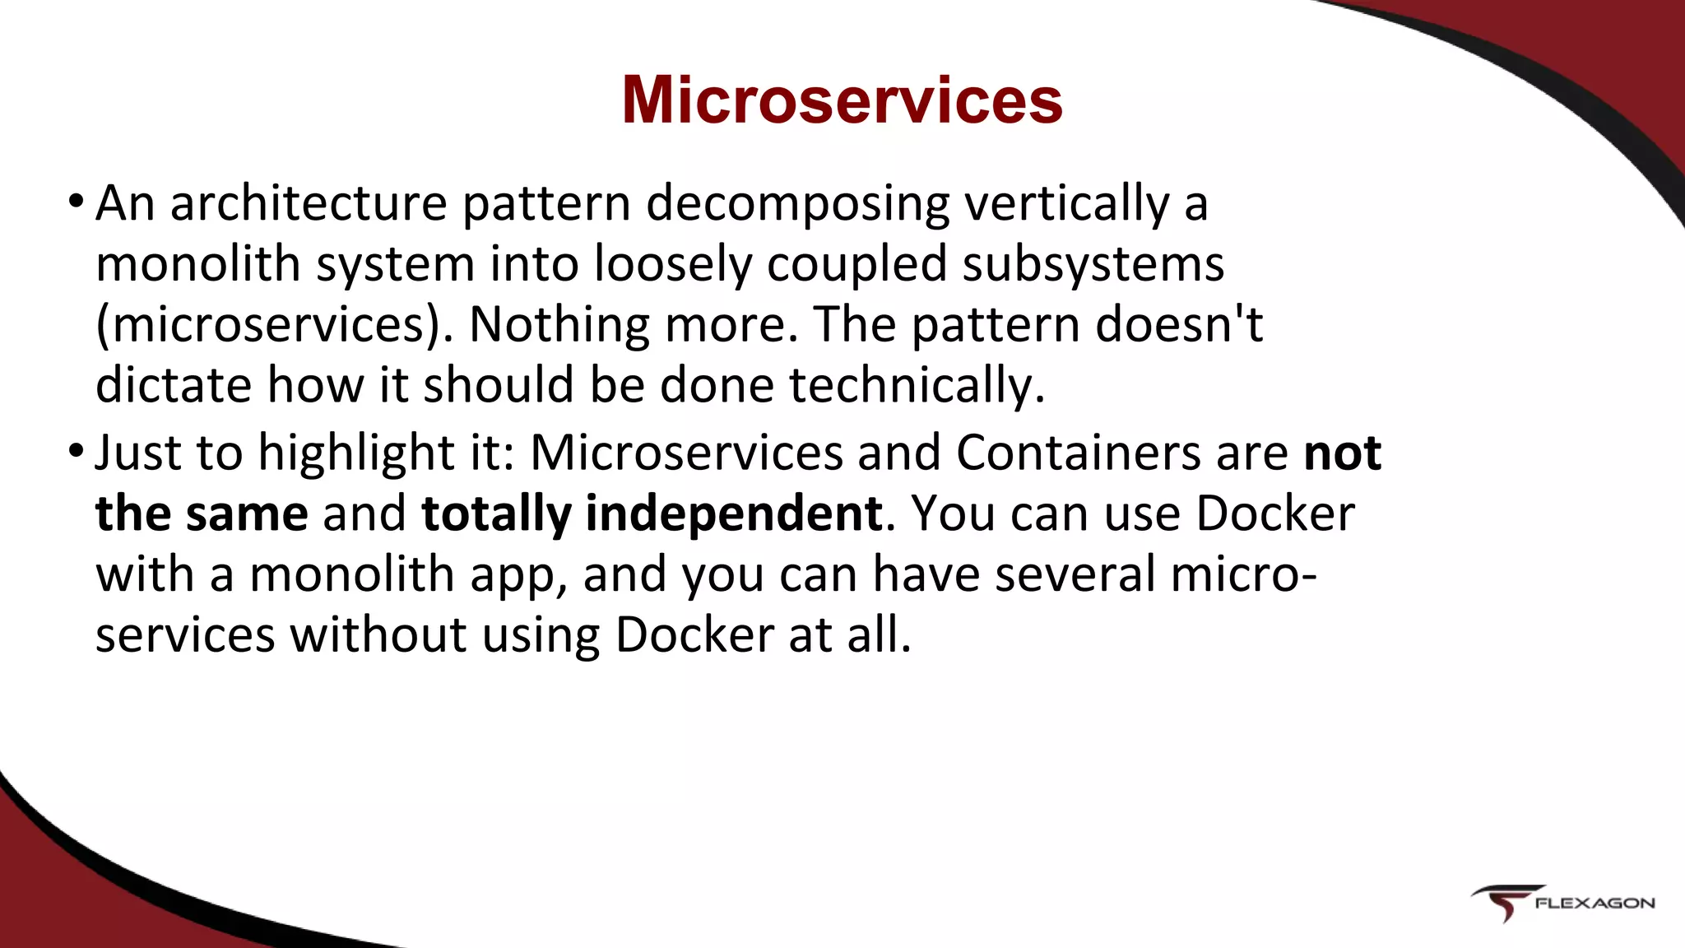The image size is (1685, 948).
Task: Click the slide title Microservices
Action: (x=842, y=100)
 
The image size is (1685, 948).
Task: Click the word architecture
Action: (x=308, y=203)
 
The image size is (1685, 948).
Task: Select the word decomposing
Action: (x=797, y=203)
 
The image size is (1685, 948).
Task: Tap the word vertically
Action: (x=1066, y=203)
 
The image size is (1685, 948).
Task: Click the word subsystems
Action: (x=1093, y=265)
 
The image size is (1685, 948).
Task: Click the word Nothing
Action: (x=559, y=325)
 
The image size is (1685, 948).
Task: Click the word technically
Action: (x=917, y=385)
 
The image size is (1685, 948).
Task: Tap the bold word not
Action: (x=1343, y=453)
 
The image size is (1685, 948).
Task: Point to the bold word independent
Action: (x=734, y=514)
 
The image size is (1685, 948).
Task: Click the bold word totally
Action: (x=495, y=514)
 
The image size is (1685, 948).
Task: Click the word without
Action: (x=378, y=635)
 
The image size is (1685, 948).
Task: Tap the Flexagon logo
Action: (x=1562, y=904)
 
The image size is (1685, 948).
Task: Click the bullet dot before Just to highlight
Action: (x=76, y=451)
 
